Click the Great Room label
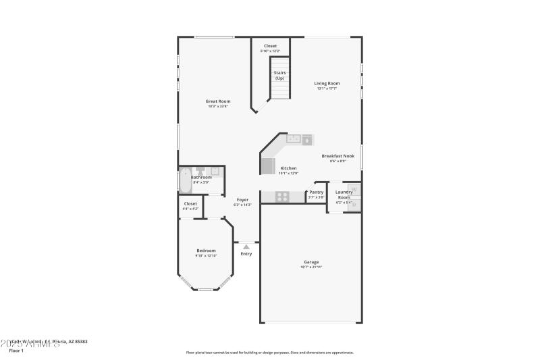(218, 101)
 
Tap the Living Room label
(327, 83)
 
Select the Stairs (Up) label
(279, 76)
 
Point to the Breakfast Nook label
(337, 156)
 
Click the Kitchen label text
(288, 168)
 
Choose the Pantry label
(317, 192)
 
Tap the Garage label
(311, 262)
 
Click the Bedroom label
(206, 251)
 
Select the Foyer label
(242, 199)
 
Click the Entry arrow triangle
(246, 247)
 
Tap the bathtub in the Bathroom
(184, 181)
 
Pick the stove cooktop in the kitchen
(282, 197)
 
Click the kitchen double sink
(294, 139)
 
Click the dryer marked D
(355, 204)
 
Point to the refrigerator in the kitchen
(268, 166)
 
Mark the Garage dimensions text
(311, 267)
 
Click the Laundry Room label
(344, 195)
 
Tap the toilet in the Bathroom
(200, 171)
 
